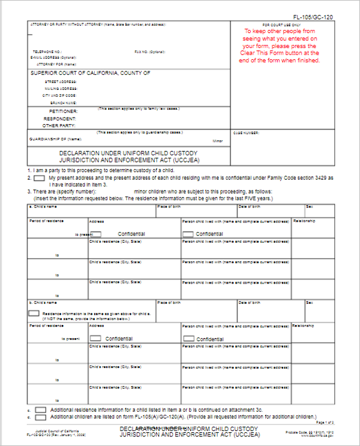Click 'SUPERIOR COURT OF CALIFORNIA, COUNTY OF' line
point(91,73)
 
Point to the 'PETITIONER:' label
point(63,111)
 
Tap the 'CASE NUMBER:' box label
point(246,133)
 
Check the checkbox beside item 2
point(39,178)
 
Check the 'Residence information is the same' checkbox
point(34,313)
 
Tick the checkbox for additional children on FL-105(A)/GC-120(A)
point(40,417)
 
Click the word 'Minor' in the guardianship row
point(218,141)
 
